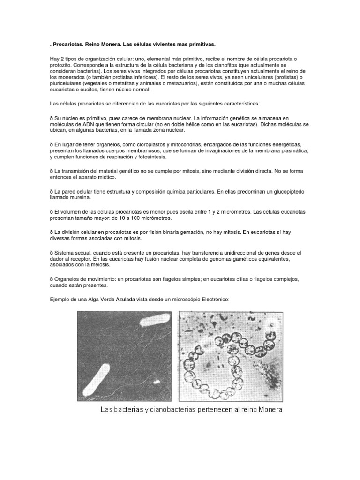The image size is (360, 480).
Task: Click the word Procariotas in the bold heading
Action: tap(67, 44)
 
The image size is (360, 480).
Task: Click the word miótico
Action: tap(107, 178)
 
